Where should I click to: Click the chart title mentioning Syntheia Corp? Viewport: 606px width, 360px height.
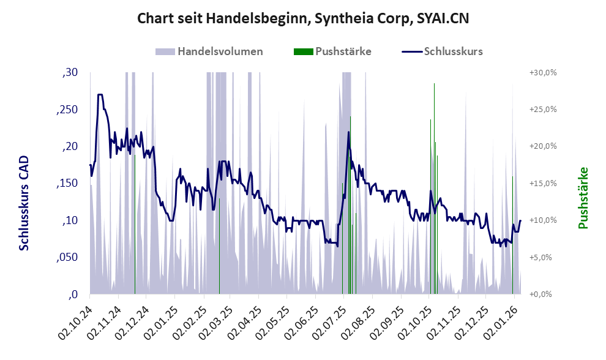click(303, 19)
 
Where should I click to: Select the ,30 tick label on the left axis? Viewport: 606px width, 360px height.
click(71, 73)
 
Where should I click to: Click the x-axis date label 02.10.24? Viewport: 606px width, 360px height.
click(77, 315)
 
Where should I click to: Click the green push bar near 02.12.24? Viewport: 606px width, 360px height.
click(135, 227)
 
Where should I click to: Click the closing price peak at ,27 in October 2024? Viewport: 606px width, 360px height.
click(100, 95)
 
